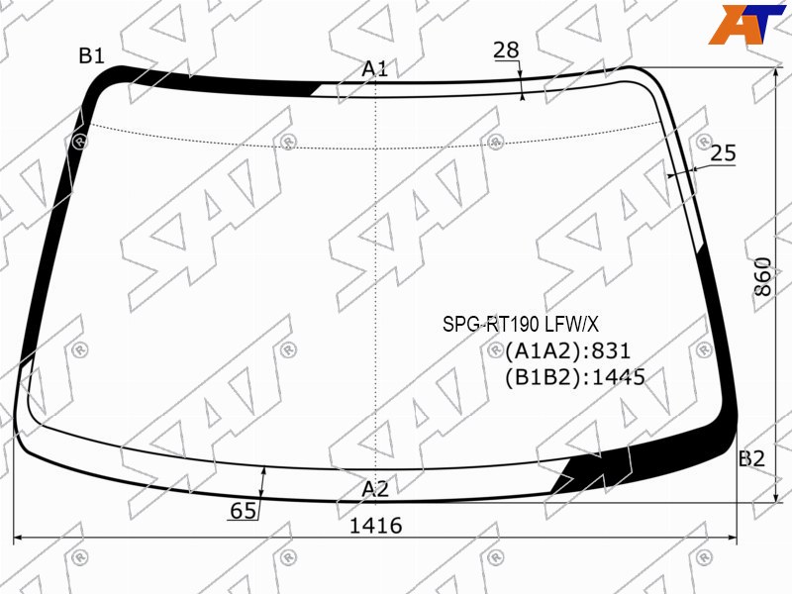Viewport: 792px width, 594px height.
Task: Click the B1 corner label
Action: pyautogui.click(x=91, y=55)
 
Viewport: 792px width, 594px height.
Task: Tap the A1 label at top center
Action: pyautogui.click(x=374, y=68)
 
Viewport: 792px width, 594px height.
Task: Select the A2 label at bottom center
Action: pyautogui.click(x=375, y=489)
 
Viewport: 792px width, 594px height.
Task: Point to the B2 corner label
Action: pyautogui.click(x=752, y=458)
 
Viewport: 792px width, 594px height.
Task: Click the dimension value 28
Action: pyautogui.click(x=506, y=50)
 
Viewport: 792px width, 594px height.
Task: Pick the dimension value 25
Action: pyautogui.click(x=724, y=153)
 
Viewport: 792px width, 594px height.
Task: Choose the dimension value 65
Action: pyautogui.click(x=243, y=511)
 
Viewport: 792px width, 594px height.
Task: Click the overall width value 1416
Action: pyautogui.click(x=376, y=526)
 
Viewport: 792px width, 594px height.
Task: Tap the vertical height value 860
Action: pyautogui.click(x=762, y=277)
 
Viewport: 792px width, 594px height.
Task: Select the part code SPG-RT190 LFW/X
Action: pyautogui.click(x=521, y=324)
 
